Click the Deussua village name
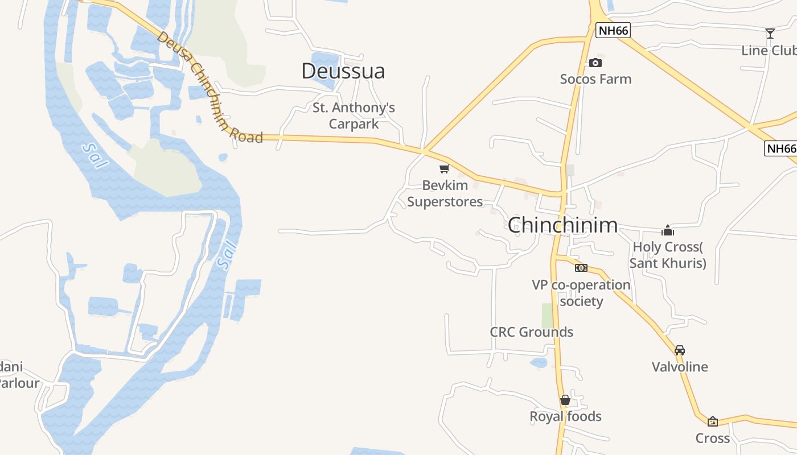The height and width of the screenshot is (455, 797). pyautogui.click(x=343, y=71)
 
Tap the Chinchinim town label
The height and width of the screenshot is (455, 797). pyautogui.click(x=562, y=225)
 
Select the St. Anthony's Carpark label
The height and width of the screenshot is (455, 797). pyautogui.click(x=354, y=115)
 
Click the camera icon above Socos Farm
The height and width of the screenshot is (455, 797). pyautogui.click(x=595, y=63)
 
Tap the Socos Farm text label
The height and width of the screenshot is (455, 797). pyautogui.click(x=595, y=79)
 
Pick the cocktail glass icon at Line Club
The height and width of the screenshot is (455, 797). pyautogui.click(x=770, y=34)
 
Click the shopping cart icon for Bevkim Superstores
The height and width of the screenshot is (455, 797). pyautogui.click(x=445, y=168)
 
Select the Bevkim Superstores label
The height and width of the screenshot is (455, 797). pyautogui.click(x=445, y=193)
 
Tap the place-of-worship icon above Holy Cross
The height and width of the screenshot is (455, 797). pyautogui.click(x=668, y=230)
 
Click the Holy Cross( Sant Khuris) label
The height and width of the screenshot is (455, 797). pyautogui.click(x=668, y=255)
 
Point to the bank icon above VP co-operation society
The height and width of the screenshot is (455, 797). pyautogui.click(x=581, y=267)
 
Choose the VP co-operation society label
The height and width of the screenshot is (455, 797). pyautogui.click(x=581, y=292)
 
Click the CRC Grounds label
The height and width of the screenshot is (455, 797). pyautogui.click(x=531, y=332)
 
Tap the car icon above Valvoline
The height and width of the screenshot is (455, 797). pyautogui.click(x=680, y=350)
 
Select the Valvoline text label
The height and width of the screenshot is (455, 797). pyautogui.click(x=680, y=367)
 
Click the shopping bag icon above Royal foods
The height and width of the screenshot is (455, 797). pyautogui.click(x=565, y=400)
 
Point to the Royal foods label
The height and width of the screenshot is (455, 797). pyautogui.click(x=565, y=416)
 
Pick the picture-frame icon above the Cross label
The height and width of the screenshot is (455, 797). pyautogui.click(x=713, y=421)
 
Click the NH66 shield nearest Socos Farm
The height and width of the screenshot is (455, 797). pyautogui.click(x=614, y=31)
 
